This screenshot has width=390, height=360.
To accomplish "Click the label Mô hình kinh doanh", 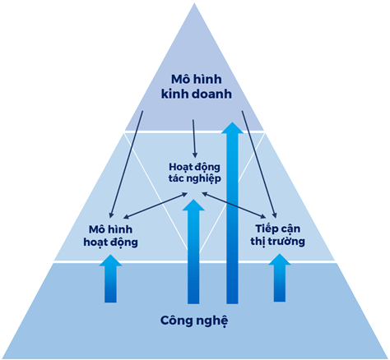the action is pos(197,86).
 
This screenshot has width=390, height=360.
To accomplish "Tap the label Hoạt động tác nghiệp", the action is pos(195,173).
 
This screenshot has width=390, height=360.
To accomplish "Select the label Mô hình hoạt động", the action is pos(110,236).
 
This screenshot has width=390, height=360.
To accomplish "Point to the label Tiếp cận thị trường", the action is pos(277,236).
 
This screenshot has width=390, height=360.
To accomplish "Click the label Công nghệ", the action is pos(194,321).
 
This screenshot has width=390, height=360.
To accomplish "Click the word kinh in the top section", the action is pos(174,94).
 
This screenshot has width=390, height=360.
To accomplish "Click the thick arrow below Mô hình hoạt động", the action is pos(110,279).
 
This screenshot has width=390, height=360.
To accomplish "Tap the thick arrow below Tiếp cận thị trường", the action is pos(280,278).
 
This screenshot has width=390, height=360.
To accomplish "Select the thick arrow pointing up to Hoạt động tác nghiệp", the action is pos(193,252).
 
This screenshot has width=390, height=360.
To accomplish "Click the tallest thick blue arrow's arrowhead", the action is pos(232,128).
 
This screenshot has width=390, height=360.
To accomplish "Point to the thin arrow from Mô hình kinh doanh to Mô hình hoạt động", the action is pos(126,164).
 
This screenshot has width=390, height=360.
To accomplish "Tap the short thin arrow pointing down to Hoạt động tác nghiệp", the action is pos(194,139).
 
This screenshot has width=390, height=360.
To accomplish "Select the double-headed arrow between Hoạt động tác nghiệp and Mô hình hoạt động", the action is pos(156,205).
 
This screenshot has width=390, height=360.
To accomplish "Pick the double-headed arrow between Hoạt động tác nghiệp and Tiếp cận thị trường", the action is pos(234,205).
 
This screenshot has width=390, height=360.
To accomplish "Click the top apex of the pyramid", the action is pos(194,3).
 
